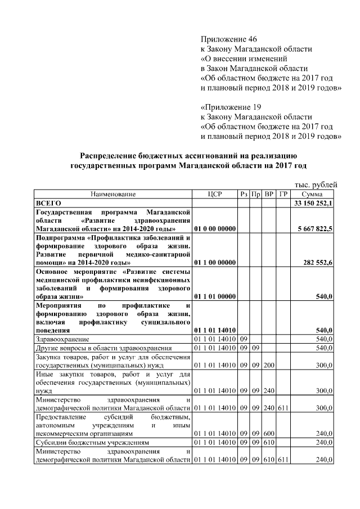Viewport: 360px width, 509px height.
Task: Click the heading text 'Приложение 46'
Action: click(228, 39)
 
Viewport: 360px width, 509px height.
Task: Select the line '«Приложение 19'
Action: click(231, 107)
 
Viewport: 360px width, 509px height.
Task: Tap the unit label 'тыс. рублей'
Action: click(316, 184)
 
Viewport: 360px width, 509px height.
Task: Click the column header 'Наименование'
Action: click(112, 194)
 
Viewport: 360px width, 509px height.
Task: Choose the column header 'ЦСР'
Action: click(215, 194)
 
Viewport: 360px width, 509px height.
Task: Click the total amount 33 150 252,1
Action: click(313, 202)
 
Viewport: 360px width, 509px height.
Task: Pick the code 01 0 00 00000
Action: click(214, 229)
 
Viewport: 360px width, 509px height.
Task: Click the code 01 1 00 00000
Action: click(214, 262)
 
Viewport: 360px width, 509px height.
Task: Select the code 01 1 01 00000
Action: click(214, 296)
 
